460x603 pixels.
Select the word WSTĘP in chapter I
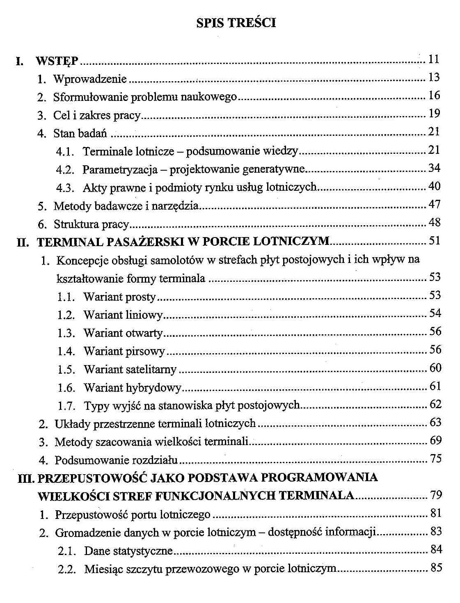click(57, 61)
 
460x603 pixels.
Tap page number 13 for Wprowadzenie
click(434, 77)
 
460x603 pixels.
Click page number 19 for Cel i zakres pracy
click(434, 113)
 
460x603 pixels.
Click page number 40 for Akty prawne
click(434, 186)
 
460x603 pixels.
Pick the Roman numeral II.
click(23, 242)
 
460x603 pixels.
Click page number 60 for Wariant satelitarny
click(435, 368)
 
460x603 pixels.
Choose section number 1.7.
click(66, 406)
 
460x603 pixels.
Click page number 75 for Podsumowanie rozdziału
click(435, 458)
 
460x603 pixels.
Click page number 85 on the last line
click(436, 568)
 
